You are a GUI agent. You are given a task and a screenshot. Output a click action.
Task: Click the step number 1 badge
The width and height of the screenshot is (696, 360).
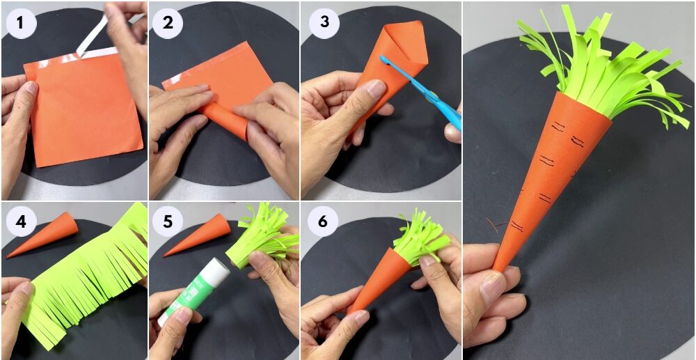tap(20, 22)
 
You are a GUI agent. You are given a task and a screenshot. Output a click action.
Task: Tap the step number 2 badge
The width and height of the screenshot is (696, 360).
tap(167, 22)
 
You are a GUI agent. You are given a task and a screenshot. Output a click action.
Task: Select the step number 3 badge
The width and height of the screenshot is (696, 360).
tap(324, 22)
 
